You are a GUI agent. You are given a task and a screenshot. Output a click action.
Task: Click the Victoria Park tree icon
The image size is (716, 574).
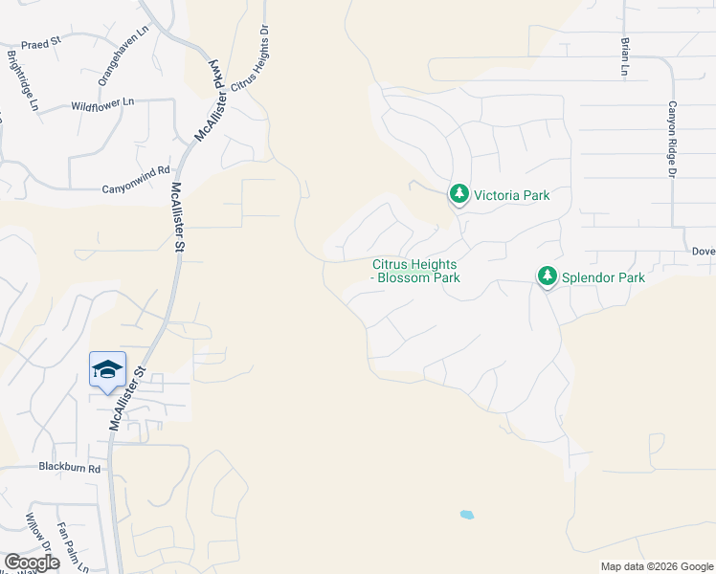point(459,195)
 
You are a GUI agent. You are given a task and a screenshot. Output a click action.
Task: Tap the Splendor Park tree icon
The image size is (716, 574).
point(547,277)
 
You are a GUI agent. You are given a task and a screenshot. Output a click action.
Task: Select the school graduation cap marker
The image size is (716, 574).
point(107,369)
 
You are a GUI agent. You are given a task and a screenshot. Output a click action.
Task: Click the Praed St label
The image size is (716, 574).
point(42,43)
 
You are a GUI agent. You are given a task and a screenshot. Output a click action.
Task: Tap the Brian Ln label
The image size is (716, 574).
point(624,56)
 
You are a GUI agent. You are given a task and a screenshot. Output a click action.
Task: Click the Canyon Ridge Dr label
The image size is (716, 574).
point(672,140)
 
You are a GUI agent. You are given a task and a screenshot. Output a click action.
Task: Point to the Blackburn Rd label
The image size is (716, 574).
point(69,469)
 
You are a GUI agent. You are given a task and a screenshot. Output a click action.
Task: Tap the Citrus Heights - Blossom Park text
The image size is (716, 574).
point(415,272)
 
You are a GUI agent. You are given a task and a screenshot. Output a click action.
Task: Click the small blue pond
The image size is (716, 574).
point(466,515)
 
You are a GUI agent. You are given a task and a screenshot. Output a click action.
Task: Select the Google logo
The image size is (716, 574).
point(32,562)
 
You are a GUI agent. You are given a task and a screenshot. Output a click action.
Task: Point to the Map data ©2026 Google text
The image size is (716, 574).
point(656,566)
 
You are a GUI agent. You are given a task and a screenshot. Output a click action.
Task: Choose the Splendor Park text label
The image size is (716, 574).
point(603,277)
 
